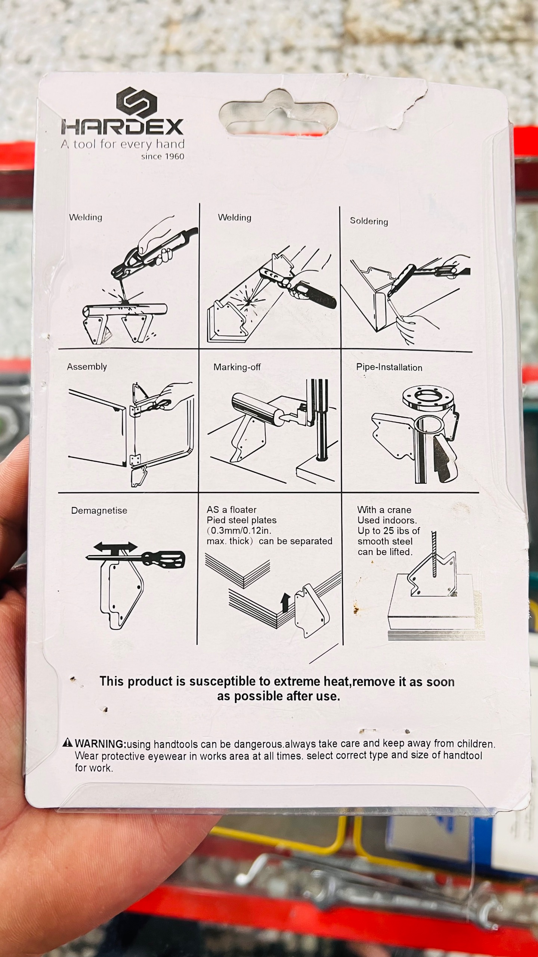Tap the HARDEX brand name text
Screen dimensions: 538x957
123,127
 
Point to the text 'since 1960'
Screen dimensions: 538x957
163,157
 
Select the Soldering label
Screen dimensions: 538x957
369,221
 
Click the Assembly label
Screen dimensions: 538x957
87,367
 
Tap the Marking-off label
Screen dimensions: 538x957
237,367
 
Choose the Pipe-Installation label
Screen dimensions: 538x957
389,367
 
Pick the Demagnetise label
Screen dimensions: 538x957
99,511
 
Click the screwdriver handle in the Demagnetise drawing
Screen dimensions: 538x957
164,559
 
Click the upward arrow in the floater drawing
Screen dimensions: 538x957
286,602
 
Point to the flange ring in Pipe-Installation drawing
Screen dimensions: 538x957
430,399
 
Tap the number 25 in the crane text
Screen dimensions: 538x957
389,531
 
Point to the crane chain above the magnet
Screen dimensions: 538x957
434,555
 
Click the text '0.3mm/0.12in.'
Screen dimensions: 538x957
241,531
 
